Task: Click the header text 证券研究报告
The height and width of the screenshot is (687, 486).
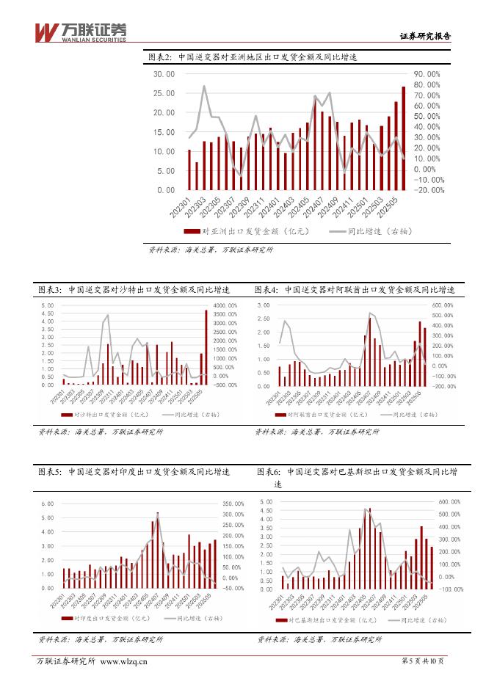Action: (424, 35)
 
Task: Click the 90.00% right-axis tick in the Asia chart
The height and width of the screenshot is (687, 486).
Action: (427, 74)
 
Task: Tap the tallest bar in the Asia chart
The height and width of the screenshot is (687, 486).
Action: (403, 138)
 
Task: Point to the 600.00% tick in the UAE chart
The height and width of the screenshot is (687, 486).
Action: (443, 305)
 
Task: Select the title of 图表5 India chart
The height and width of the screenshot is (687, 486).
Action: (134, 471)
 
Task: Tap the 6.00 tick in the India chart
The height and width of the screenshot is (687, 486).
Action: (47, 504)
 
